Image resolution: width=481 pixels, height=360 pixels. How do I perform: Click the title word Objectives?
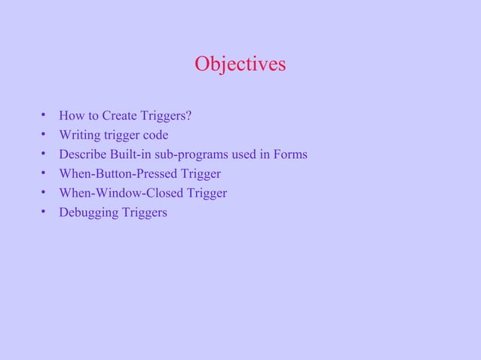pyautogui.click(x=240, y=65)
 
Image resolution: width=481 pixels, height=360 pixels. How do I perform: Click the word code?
pyautogui.click(x=155, y=136)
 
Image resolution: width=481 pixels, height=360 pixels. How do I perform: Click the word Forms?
pyautogui.click(x=290, y=154)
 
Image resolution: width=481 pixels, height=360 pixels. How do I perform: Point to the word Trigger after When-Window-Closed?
pyautogui.click(x=207, y=194)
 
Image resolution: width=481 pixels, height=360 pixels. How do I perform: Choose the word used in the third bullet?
pyautogui.click(x=243, y=154)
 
